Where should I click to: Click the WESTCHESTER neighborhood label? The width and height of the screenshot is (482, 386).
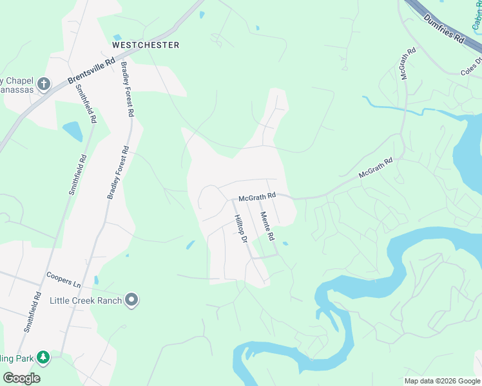(145, 45)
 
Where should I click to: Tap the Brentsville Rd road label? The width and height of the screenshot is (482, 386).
(91, 71)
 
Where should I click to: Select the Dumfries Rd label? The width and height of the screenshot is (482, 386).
(445, 28)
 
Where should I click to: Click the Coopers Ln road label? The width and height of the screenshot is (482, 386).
(63, 279)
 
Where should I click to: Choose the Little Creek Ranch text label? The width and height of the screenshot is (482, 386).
(86, 300)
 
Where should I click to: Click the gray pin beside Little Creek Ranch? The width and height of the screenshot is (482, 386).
(132, 300)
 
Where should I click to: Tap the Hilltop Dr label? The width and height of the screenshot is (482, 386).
(240, 229)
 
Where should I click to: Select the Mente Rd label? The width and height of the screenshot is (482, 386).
(267, 226)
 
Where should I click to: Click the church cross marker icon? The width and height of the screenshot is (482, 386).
(44, 84)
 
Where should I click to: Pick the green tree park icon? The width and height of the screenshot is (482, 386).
(43, 357)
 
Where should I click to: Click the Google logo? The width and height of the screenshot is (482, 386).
(21, 378)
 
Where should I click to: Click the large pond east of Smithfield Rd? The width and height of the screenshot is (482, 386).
(73, 131)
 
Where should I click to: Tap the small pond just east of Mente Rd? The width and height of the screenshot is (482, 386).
(285, 243)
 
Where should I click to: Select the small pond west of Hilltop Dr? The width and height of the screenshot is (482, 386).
(190, 245)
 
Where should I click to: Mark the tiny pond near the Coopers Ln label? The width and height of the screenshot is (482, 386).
(95, 280)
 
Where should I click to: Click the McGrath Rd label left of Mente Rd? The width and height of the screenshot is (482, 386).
(256, 195)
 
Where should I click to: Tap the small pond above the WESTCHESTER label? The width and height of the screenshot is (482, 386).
(117, 37)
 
